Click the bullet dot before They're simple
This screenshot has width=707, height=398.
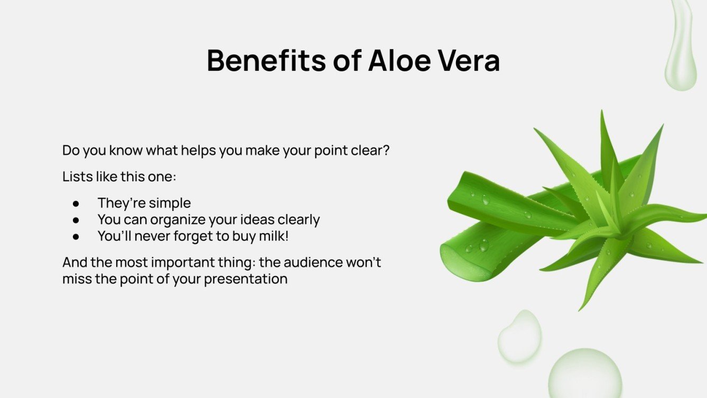click(76, 203)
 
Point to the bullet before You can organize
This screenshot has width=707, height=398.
click(76, 220)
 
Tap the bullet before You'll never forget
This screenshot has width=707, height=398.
click(76, 236)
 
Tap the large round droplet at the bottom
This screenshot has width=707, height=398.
click(585, 374)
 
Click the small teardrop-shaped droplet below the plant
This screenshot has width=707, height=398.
click(520, 337)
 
